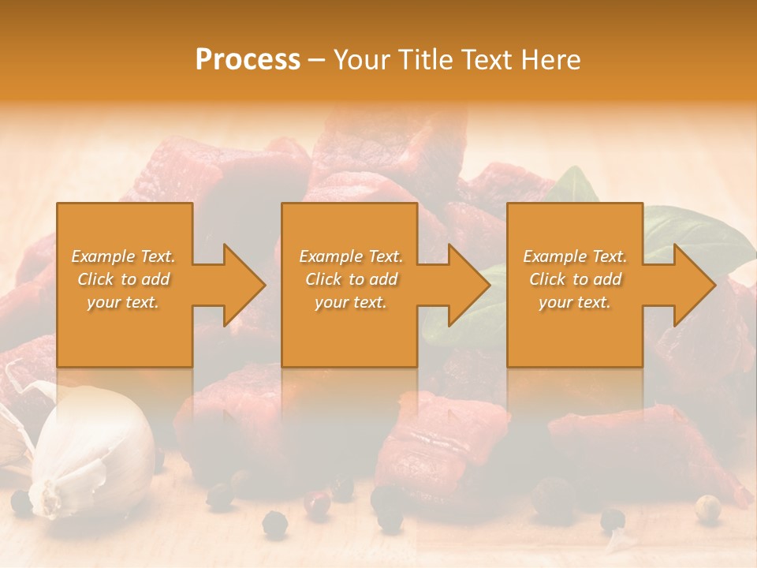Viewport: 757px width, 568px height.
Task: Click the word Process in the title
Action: pos(248,60)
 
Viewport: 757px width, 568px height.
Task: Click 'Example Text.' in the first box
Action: pos(123,256)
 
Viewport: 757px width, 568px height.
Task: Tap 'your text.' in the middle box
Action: pos(350,302)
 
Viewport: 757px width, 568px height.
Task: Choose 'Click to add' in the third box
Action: pos(575,279)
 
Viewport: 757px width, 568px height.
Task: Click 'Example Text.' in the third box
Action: pos(575,256)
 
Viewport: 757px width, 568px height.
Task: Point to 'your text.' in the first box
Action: pos(123,302)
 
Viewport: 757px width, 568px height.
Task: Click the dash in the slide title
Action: pos(316,60)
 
